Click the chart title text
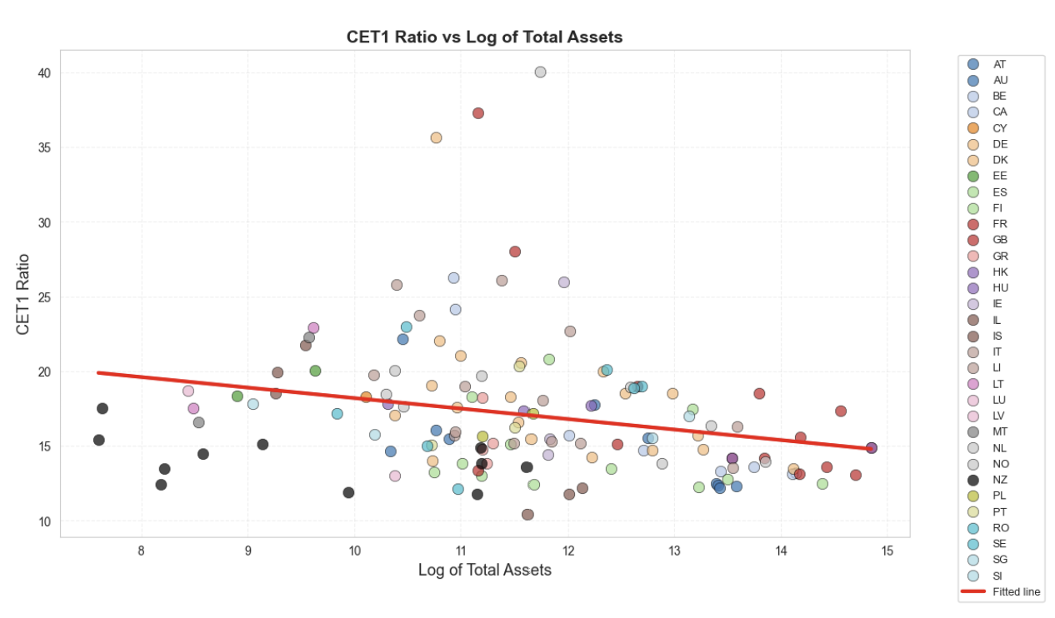(x=484, y=37)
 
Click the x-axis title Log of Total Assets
(x=484, y=570)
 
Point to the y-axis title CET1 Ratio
(x=22, y=294)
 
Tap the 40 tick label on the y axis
(x=43, y=73)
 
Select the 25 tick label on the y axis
(x=43, y=297)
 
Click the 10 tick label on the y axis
(x=43, y=521)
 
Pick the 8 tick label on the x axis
(x=142, y=551)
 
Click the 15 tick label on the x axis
(x=887, y=551)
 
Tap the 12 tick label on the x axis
(x=568, y=551)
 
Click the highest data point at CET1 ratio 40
(x=540, y=72)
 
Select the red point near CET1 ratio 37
(x=478, y=113)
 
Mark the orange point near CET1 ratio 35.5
(x=436, y=137)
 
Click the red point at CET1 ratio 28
(x=515, y=252)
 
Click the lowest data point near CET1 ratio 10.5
(x=527, y=515)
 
